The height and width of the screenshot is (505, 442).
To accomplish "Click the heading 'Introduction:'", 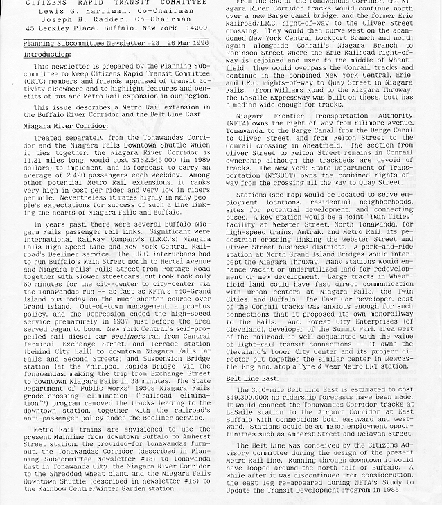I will (47, 54).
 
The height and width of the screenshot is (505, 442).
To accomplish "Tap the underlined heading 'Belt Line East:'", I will (252, 379).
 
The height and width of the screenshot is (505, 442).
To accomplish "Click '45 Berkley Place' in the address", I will (58, 28).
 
